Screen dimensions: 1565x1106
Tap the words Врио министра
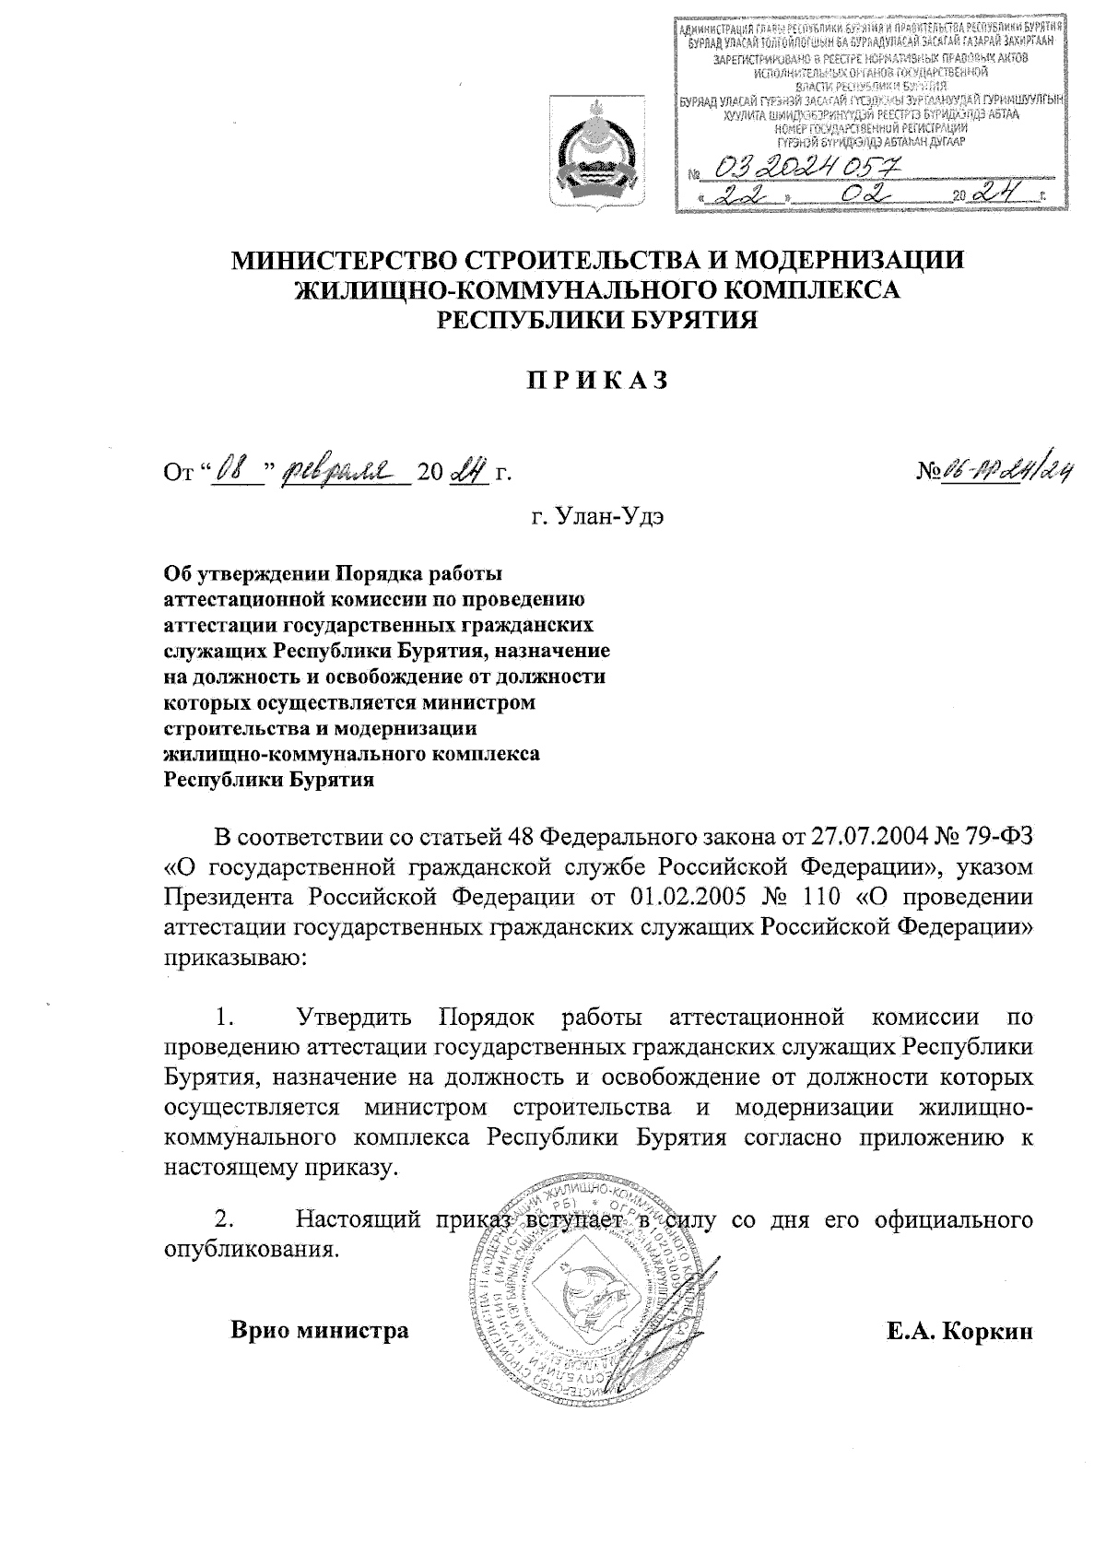(x=320, y=1331)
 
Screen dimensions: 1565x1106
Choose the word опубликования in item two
(x=247, y=1251)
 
